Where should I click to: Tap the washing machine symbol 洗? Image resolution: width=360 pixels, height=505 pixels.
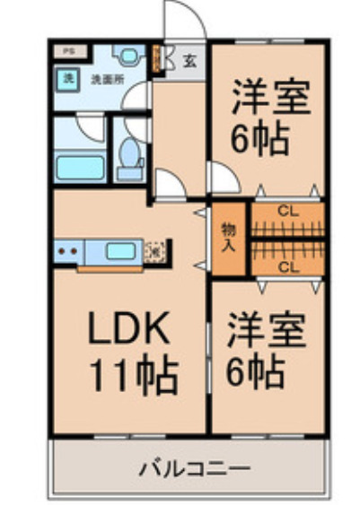(67, 78)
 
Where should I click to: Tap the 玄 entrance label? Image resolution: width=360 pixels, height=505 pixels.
(190, 61)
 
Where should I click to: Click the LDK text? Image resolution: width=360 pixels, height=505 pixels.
(128, 331)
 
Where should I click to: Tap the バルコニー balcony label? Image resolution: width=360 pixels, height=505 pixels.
(194, 467)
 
